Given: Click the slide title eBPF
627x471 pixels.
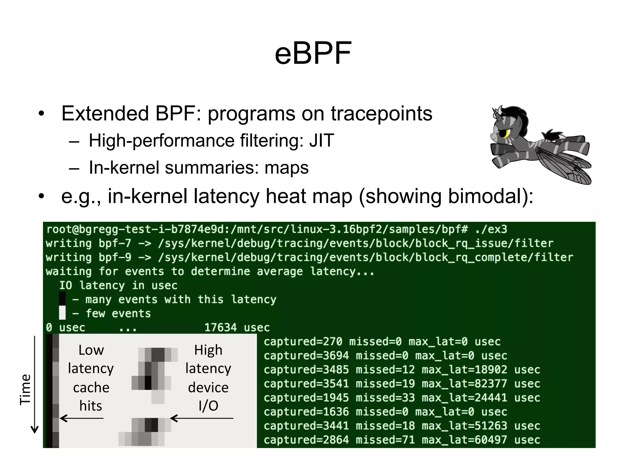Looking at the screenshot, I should click(x=313, y=54).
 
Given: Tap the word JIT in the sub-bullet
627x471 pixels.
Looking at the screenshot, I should click(x=321, y=141).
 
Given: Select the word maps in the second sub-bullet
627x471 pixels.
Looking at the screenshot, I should click(x=287, y=168).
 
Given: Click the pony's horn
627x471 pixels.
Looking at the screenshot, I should click(x=495, y=113).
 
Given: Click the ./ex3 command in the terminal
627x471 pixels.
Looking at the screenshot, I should click(x=491, y=229).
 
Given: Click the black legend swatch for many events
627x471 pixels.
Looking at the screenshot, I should click(x=62, y=299).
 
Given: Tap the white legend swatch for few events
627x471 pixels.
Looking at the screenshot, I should click(x=62, y=313).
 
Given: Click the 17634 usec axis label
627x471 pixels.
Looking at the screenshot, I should click(x=237, y=327).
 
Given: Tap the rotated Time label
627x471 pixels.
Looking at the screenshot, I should click(x=25, y=389).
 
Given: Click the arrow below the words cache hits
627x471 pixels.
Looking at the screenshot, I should click(x=81, y=418).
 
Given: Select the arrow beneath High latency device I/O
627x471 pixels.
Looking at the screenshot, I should click(x=201, y=418).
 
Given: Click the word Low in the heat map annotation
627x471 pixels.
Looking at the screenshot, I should click(x=91, y=350).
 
